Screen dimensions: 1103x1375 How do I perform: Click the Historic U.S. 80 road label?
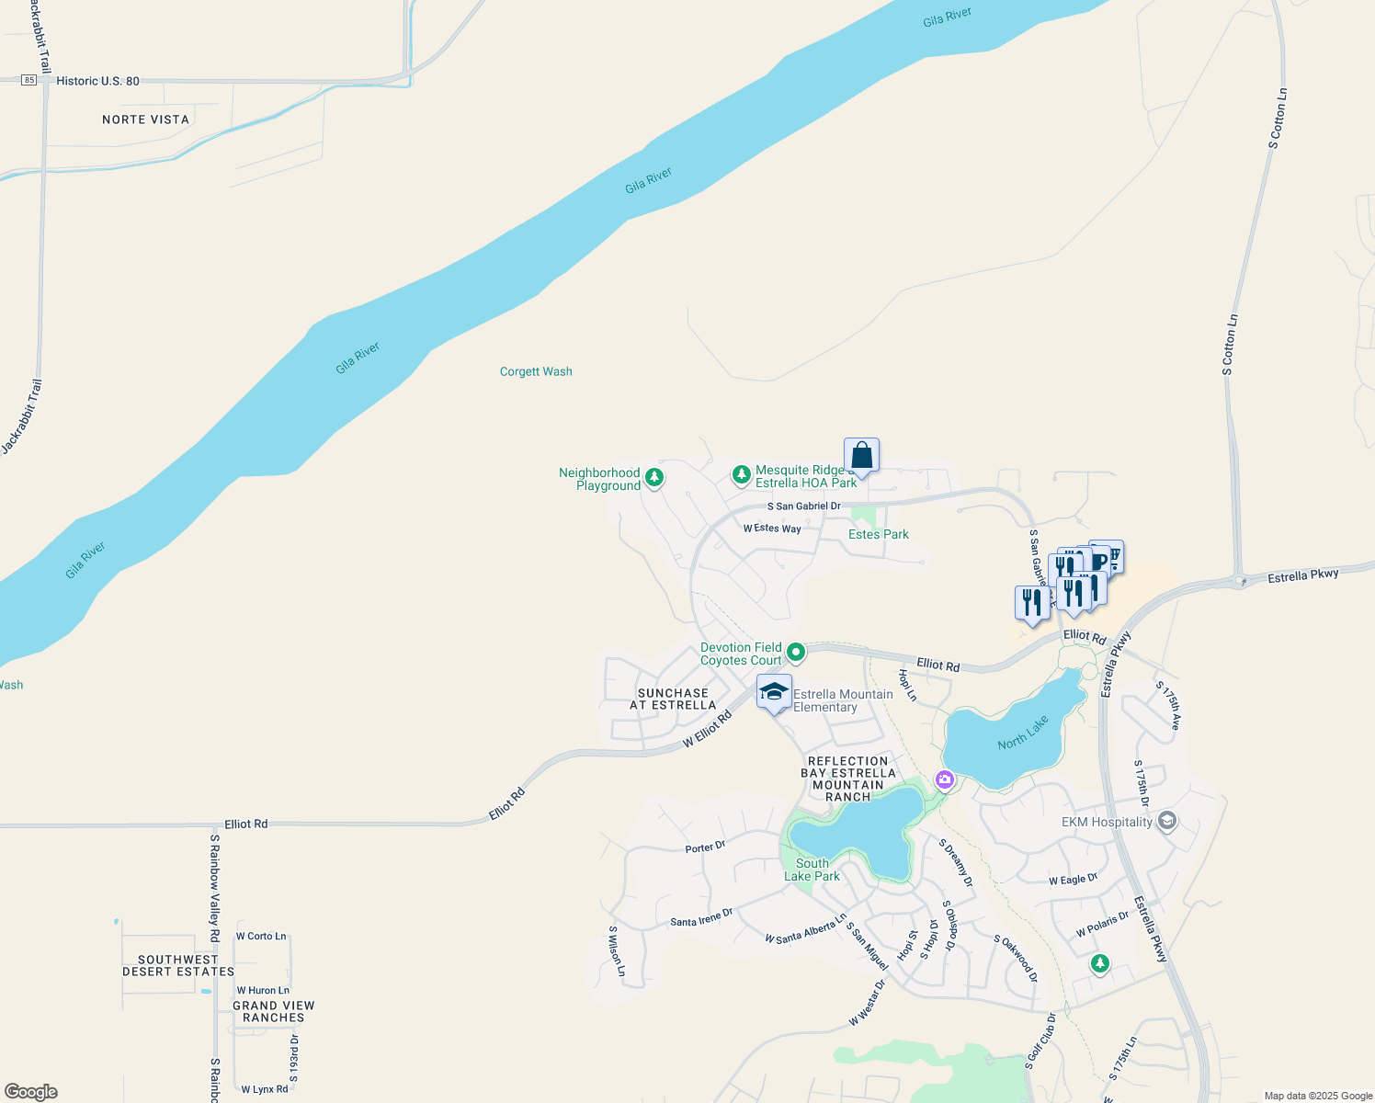(x=97, y=81)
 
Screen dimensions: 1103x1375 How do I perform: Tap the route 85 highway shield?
(x=29, y=81)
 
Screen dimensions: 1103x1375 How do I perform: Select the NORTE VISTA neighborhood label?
(x=145, y=119)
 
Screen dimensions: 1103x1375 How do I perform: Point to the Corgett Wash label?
(x=536, y=371)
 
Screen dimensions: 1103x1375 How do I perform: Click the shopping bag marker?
(x=861, y=455)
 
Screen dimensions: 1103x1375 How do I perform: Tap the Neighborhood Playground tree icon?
(x=654, y=477)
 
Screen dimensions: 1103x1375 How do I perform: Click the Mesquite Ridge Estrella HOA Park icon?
(x=741, y=475)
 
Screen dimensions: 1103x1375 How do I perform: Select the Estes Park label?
(x=878, y=534)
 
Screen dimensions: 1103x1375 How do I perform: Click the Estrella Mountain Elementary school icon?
(x=774, y=692)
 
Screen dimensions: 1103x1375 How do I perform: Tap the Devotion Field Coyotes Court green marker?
(x=796, y=653)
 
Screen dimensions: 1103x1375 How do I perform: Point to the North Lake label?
(x=1023, y=733)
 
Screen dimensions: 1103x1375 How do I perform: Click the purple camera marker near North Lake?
(x=945, y=779)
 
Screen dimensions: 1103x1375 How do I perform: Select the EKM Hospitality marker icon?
(x=1167, y=821)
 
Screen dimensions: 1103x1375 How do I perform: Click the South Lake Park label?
(x=812, y=870)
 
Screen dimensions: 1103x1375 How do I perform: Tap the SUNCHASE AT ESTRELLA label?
(x=673, y=699)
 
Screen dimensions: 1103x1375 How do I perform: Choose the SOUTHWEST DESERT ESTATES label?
(x=178, y=965)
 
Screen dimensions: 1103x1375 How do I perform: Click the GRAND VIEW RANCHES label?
(x=274, y=1011)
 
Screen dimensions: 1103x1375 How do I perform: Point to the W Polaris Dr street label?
(x=1102, y=924)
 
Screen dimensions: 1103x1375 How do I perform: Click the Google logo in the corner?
(x=31, y=1092)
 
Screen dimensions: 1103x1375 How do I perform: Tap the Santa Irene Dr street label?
(x=701, y=917)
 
